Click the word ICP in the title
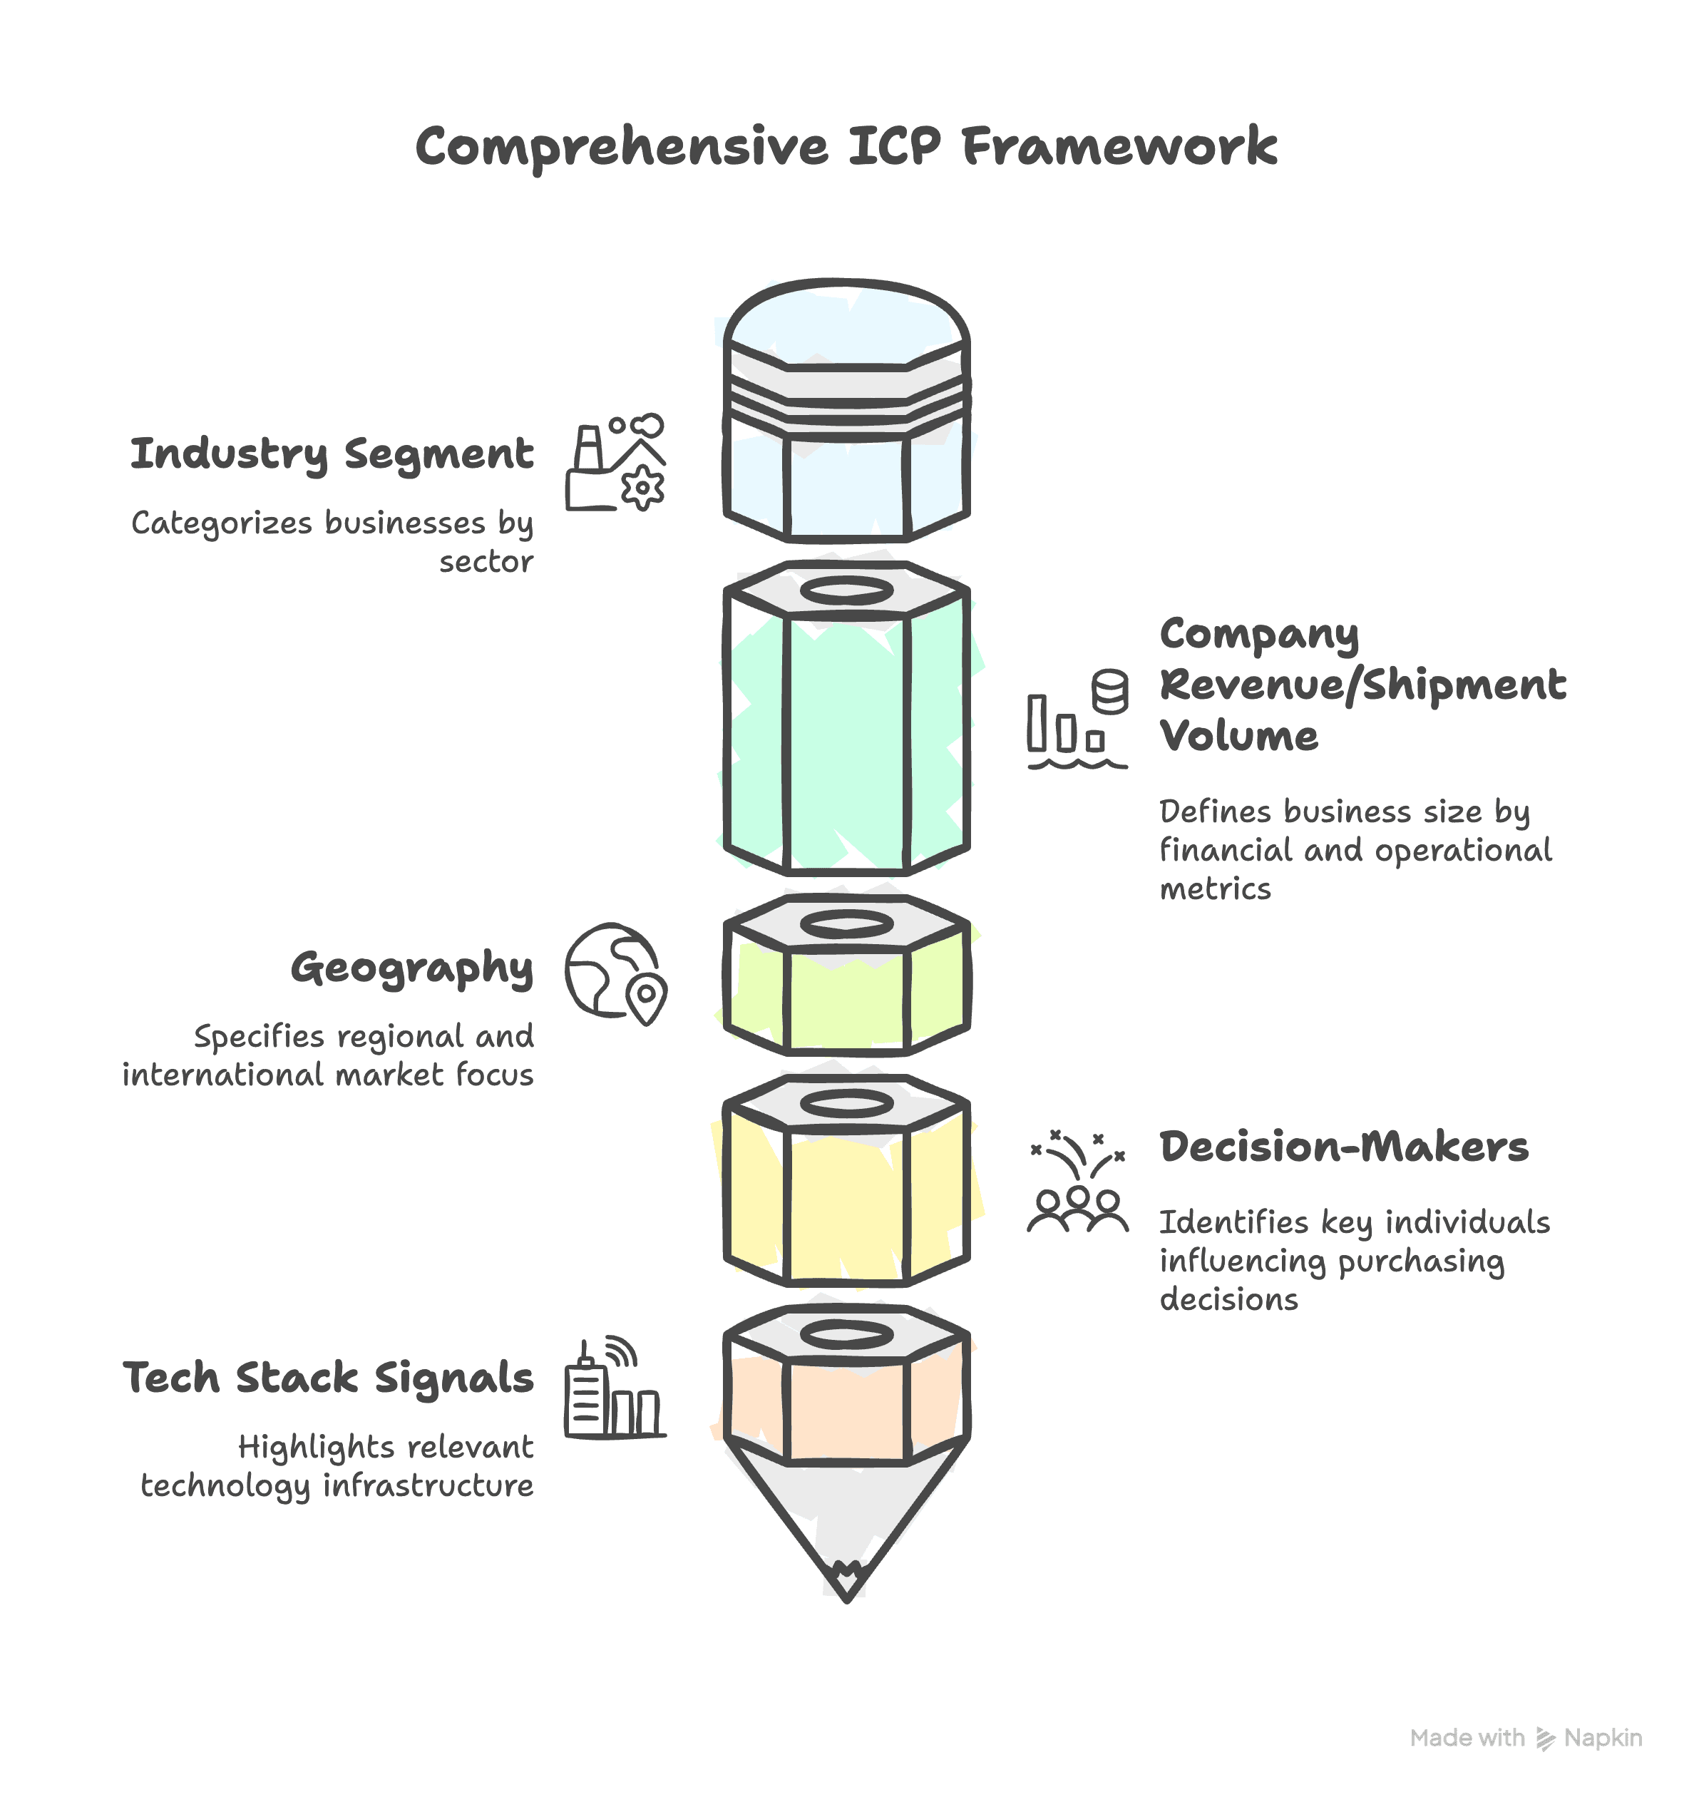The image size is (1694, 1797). point(893,146)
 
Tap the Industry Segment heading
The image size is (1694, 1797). point(332,454)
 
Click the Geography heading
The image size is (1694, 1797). point(412,968)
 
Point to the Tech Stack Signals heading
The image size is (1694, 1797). point(328,1378)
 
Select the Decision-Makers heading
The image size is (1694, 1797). point(1343,1147)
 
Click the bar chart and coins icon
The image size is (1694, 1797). point(1077,720)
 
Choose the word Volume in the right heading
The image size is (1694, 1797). point(1238,736)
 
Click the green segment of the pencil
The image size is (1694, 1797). point(846,741)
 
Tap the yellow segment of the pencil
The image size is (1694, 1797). point(846,1202)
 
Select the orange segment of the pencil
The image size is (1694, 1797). point(846,1410)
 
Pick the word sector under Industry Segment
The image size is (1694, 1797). point(486,562)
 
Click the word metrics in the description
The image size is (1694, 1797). point(1215,889)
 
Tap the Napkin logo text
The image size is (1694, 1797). point(1602,1739)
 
